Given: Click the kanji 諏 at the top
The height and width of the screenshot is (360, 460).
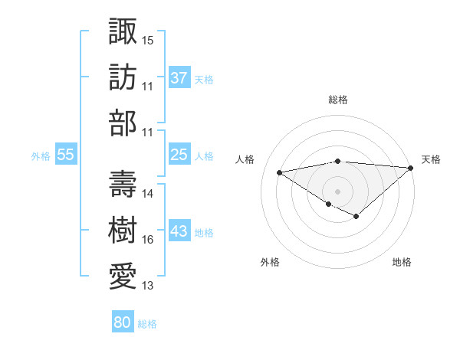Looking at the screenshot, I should [x=123, y=32].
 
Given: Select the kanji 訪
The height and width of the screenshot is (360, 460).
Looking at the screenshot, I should [x=123, y=77].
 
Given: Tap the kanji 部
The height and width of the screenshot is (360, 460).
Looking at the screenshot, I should [x=123, y=123].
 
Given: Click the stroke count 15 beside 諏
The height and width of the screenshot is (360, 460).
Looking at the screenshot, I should [x=148, y=39].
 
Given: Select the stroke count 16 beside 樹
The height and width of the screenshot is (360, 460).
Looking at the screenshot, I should [x=148, y=240].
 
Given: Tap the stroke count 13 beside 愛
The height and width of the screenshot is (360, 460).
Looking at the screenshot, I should [x=148, y=286].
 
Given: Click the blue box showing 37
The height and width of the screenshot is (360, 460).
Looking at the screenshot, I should [x=179, y=77].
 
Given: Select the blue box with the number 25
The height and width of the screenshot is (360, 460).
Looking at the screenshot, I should [x=179, y=155].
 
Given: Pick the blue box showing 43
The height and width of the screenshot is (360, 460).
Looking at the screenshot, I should [x=179, y=231].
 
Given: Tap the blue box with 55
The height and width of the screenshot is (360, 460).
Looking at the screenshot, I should [x=66, y=155].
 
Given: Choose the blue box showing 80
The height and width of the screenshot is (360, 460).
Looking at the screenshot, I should [x=123, y=322].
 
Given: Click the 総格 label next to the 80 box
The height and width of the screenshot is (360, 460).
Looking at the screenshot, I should [x=147, y=324].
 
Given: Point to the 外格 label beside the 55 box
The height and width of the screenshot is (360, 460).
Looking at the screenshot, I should [x=41, y=155].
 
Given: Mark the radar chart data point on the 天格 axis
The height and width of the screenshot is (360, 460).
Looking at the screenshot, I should [x=411, y=168].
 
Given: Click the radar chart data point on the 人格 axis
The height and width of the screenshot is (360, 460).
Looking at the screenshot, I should [x=279, y=172].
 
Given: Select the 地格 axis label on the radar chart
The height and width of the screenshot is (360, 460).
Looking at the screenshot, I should [x=402, y=262].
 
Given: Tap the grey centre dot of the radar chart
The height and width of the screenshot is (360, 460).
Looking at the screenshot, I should [x=337, y=190].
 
